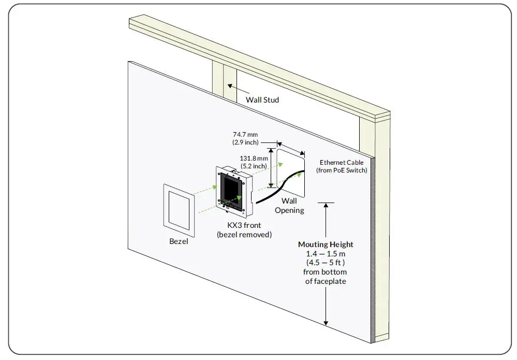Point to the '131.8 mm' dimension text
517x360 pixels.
254,158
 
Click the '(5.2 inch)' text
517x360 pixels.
254,166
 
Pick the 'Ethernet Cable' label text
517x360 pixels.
342,162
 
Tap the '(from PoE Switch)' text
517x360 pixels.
342,170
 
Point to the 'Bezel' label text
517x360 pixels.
179,241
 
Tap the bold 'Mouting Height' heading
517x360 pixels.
326,244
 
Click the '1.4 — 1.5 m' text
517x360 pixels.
326,254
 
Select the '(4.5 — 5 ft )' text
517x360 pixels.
326,263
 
